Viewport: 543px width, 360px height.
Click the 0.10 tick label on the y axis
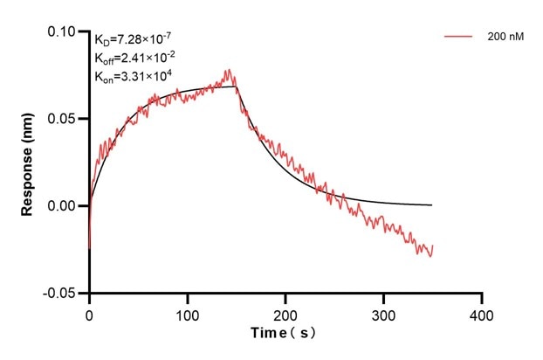62,31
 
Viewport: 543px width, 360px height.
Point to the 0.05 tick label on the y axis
62,119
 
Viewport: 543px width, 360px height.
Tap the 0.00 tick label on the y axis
62,206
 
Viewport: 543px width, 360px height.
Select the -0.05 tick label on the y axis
60,294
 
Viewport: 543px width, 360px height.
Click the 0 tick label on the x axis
89,313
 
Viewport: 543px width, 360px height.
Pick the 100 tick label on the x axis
187,313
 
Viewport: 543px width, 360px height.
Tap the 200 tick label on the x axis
285,313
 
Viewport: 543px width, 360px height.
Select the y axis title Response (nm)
29,163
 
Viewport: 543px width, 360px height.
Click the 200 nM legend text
505,38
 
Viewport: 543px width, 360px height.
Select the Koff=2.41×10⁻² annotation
134,58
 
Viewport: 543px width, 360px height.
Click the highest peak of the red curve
229,70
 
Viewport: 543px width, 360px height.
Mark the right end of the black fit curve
432,204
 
